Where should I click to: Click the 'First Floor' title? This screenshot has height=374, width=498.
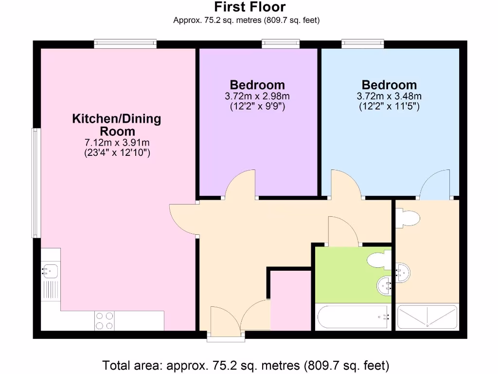[x=250, y=7]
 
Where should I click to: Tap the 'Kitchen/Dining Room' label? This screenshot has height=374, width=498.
[x=117, y=125]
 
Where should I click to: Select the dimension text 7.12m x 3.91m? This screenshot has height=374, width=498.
[x=117, y=143]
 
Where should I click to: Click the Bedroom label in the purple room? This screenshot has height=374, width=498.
[x=257, y=85]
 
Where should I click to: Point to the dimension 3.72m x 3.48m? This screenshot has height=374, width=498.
[x=389, y=96]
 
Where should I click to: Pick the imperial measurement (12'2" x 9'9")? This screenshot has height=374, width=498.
[x=257, y=106]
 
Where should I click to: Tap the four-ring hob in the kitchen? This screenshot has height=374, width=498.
[x=105, y=320]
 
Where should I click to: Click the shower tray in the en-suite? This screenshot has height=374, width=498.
[x=427, y=317]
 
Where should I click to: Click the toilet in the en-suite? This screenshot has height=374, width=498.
[x=408, y=218]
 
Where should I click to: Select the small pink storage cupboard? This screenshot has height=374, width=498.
[x=290, y=300]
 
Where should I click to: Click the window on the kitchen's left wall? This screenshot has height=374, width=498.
[x=36, y=183]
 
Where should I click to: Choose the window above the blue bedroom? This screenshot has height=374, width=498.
[x=363, y=44]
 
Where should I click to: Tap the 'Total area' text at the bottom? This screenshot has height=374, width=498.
[x=246, y=365]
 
